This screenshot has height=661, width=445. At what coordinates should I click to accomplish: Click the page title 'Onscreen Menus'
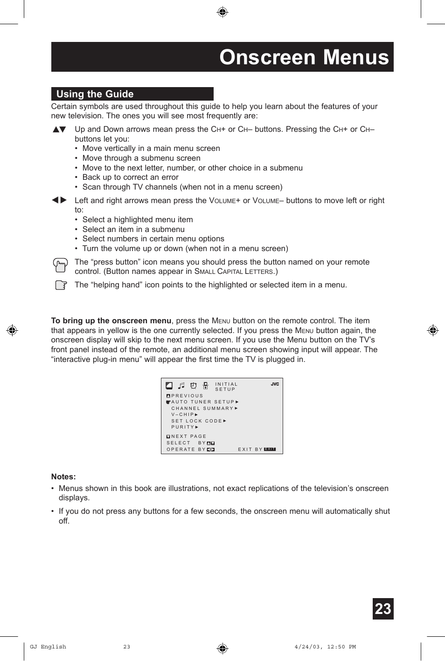304,57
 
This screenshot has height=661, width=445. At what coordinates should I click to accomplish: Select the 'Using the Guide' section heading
95,94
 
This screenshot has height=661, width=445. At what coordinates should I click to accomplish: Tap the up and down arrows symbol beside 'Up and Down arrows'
59,129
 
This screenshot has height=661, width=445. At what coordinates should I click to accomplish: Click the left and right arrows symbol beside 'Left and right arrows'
59,200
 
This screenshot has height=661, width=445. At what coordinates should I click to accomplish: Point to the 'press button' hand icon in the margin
60,265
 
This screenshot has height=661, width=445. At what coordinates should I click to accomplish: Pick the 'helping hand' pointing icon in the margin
61,285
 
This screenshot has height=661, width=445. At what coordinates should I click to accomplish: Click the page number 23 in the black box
383,609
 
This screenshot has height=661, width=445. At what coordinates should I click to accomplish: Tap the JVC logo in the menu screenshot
275,384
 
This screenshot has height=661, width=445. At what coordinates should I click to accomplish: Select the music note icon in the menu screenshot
181,386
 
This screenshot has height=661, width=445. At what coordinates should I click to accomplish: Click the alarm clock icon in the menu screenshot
193,386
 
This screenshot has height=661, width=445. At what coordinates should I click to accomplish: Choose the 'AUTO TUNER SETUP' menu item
203,402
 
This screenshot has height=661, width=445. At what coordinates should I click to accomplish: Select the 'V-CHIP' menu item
183,415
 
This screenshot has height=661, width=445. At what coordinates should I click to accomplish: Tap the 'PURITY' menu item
183,427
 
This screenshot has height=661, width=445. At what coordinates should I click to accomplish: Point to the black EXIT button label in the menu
270,450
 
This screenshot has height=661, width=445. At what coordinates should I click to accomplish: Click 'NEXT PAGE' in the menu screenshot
188,436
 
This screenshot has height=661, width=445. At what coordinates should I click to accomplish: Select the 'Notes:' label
63,477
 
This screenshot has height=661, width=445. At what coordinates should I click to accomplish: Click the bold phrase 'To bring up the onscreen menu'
111,320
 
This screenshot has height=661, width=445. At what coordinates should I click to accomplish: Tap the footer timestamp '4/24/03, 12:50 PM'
325,647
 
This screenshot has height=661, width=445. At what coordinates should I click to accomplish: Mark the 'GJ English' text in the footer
48,647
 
